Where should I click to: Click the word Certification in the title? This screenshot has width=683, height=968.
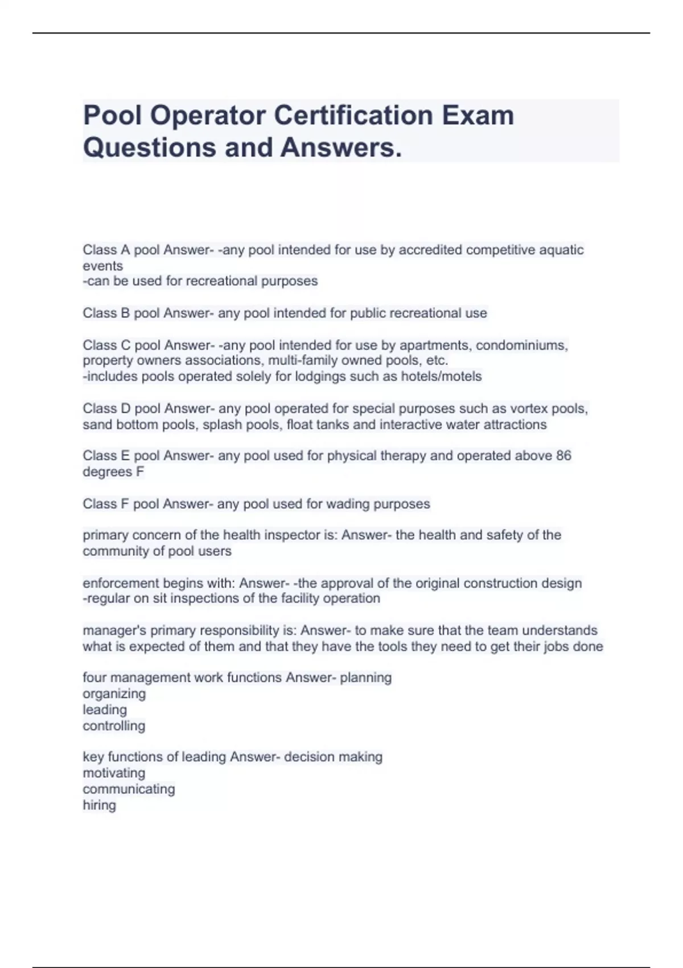click(x=353, y=116)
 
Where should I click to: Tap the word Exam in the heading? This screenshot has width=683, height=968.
click(x=478, y=116)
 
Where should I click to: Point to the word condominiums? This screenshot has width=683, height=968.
click(x=521, y=345)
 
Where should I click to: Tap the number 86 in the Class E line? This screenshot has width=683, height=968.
click(x=563, y=456)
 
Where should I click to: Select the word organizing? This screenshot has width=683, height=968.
click(x=114, y=694)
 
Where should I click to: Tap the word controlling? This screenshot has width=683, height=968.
click(x=114, y=726)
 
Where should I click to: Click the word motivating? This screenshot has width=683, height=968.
click(x=114, y=773)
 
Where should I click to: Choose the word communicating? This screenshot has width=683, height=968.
click(x=129, y=789)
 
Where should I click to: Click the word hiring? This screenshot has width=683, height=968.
click(x=99, y=805)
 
